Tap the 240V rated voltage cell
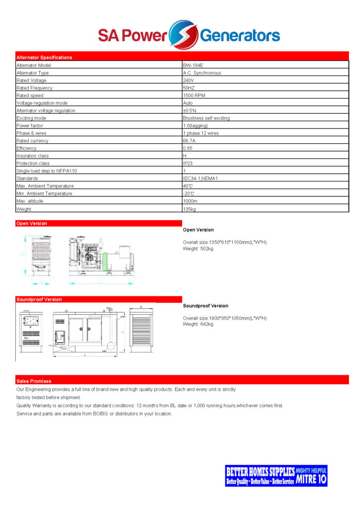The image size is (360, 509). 188,81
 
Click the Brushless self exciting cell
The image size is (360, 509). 206,118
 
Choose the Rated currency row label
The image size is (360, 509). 32,141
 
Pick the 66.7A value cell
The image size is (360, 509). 189,141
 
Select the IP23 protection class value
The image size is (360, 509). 188,163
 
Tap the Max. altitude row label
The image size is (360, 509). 30,201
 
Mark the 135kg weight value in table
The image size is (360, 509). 189,209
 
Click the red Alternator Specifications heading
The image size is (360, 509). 44,57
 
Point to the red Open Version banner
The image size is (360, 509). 32,224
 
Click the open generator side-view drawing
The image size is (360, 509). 101,257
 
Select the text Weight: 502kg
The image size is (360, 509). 198,249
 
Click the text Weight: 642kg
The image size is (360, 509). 198,324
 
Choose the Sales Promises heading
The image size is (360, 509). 34,381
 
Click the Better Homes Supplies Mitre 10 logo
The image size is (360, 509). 276,476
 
